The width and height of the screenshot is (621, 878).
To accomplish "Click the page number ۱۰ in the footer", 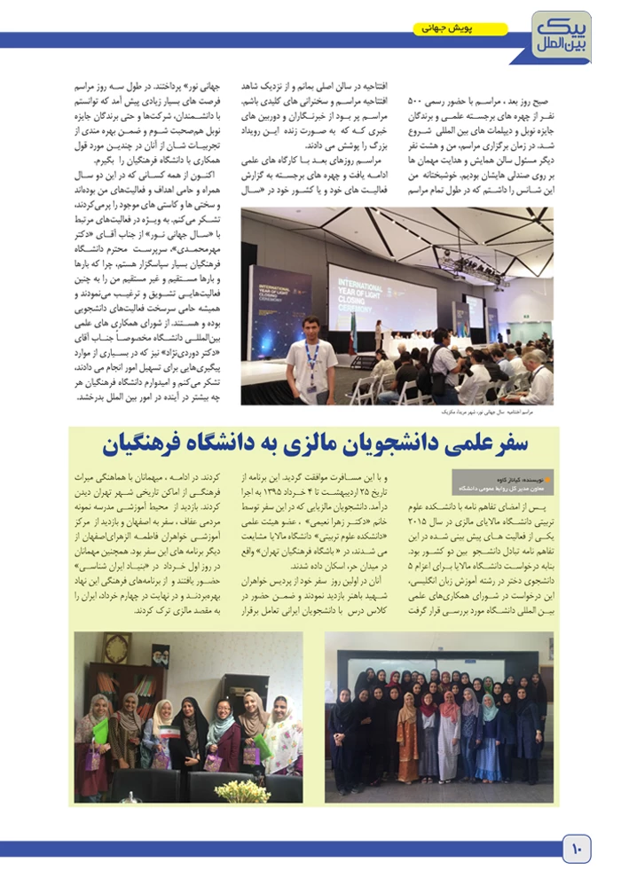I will (x=575, y=850).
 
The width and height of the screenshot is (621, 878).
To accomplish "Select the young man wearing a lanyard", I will (x=311, y=359).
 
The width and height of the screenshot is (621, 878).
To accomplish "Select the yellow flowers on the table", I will (x=242, y=790).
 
